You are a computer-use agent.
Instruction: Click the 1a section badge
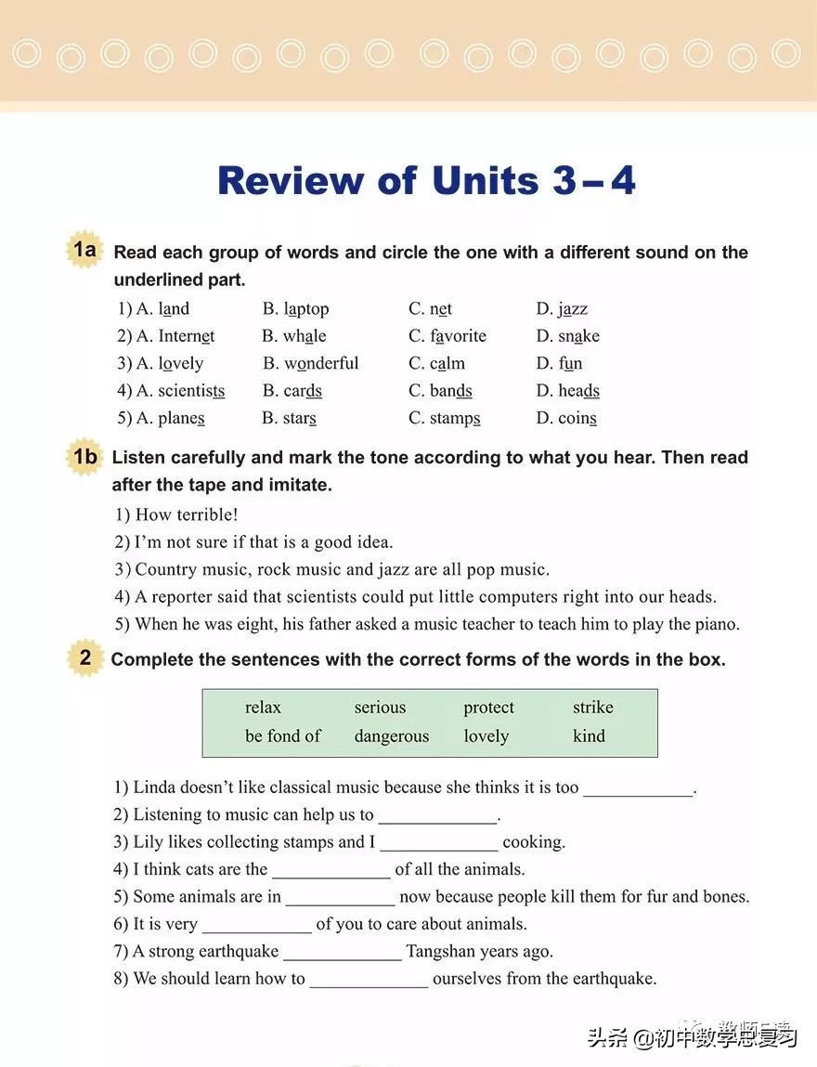point(84,250)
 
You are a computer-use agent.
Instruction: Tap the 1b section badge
point(84,456)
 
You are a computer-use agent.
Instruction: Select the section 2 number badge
point(85,658)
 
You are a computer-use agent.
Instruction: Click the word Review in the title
point(290,180)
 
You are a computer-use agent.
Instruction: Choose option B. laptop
point(295,309)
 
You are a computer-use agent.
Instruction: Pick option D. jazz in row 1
point(562,309)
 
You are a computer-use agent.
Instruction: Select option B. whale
point(294,336)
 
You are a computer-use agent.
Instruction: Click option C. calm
point(436,364)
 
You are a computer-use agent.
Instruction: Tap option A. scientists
point(171,391)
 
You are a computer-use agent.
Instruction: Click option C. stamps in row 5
point(445,419)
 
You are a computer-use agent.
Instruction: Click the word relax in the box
point(263,708)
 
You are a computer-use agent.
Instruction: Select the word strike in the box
point(592,708)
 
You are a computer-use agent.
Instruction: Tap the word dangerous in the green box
point(391,736)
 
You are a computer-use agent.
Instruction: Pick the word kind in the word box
point(589,736)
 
